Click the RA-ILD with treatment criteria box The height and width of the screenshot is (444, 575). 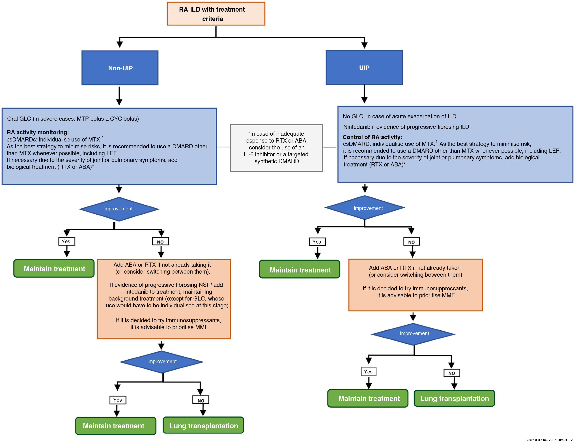click(216, 14)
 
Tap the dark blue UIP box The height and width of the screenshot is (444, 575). click(364, 68)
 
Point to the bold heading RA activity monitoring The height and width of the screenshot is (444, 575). click(38, 132)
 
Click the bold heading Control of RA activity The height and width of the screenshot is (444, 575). click(372, 137)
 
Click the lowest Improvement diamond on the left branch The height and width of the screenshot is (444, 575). click(162, 361)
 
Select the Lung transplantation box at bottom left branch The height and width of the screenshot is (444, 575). click(203, 426)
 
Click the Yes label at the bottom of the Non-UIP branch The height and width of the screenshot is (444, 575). click(118, 400)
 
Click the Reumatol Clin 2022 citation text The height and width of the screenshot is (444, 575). click(549, 440)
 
